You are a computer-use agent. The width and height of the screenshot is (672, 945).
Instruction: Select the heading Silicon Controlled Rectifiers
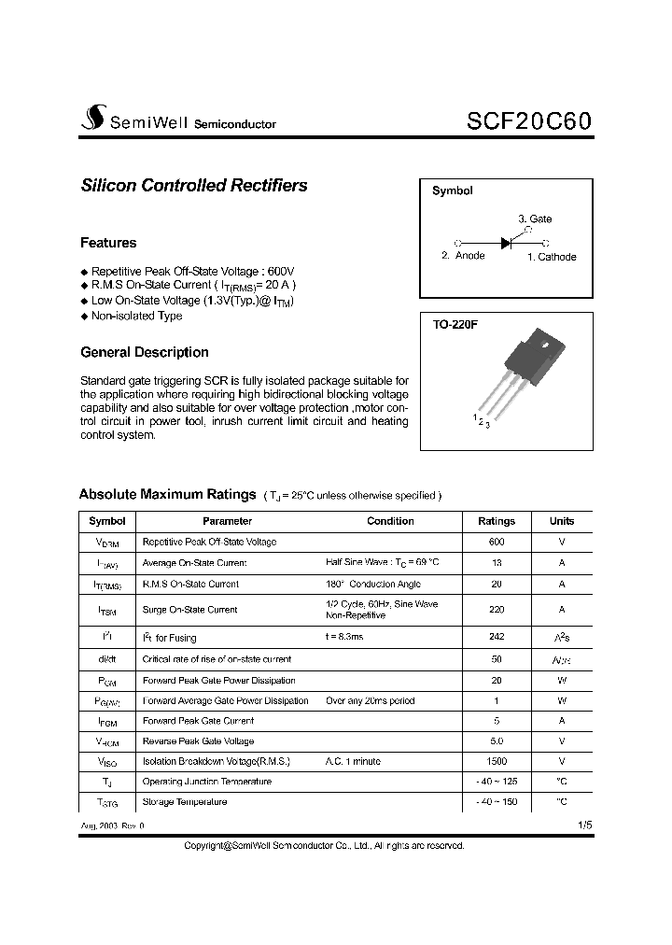tap(194, 185)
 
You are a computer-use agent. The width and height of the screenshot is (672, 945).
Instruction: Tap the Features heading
tap(108, 243)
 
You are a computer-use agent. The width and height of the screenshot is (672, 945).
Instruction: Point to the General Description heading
tap(145, 352)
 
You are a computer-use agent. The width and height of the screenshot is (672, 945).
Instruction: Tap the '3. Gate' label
tap(535, 219)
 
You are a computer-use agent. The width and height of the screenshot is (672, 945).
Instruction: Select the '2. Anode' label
tap(463, 256)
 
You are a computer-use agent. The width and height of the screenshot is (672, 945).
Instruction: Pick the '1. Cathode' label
tap(552, 257)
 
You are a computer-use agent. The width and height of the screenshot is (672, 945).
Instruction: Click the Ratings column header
tap(496, 521)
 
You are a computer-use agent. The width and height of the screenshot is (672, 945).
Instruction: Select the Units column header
tap(562, 521)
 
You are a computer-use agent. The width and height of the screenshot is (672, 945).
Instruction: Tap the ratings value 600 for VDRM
tap(496, 542)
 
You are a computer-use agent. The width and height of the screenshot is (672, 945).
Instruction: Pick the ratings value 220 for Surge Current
tap(496, 610)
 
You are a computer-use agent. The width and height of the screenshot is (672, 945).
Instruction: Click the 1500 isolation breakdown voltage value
tap(496, 761)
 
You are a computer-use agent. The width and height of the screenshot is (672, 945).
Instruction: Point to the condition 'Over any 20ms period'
tap(370, 700)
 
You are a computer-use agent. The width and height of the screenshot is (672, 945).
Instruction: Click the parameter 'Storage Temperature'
tap(184, 801)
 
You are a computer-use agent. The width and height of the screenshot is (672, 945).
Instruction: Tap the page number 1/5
tap(584, 825)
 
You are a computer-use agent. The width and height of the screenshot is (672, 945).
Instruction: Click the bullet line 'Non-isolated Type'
tap(136, 316)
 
